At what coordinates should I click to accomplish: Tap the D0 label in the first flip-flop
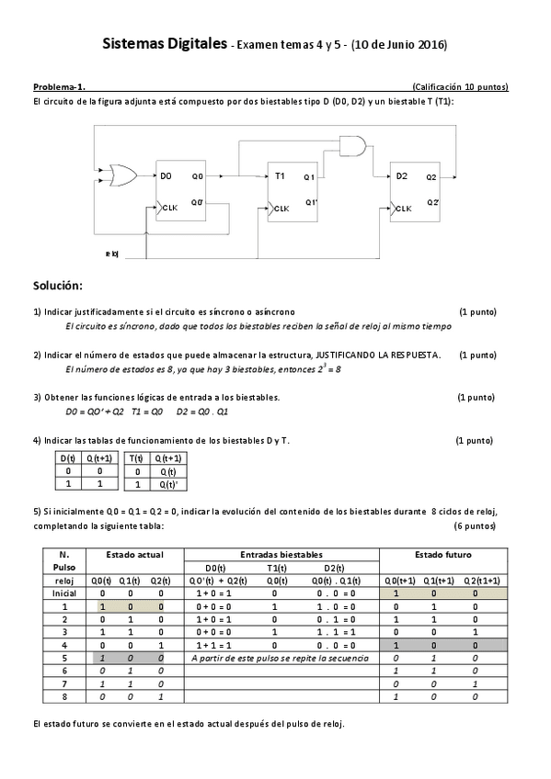(x=166, y=175)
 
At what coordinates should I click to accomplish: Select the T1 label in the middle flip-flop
(x=280, y=175)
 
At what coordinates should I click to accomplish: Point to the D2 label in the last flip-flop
(x=401, y=175)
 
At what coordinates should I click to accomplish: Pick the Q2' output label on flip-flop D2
(x=431, y=201)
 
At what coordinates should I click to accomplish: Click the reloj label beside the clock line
(x=112, y=254)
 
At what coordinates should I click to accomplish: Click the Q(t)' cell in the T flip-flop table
(x=168, y=484)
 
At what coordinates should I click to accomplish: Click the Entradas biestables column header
(x=281, y=555)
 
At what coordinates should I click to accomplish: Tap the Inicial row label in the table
(x=63, y=593)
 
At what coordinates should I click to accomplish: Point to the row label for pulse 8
(x=63, y=696)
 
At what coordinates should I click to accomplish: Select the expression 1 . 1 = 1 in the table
(x=340, y=632)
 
